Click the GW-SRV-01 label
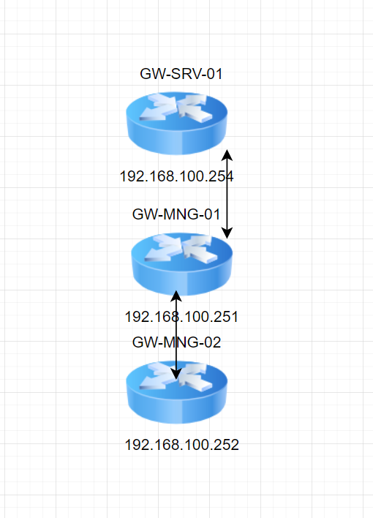[x=181, y=74]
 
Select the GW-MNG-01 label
[x=176, y=214]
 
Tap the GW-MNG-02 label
[x=176, y=342]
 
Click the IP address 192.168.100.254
[x=176, y=176]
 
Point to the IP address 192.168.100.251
[x=181, y=317]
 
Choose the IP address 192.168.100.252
[x=181, y=445]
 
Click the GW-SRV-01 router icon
[x=177, y=123]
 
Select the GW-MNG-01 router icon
[x=181, y=264]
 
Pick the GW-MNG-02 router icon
[x=177, y=392]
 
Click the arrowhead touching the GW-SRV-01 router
[x=227, y=154]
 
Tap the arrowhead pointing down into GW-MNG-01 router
[x=227, y=233]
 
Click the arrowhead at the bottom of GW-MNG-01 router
[x=176, y=296]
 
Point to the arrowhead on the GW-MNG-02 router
[x=176, y=374]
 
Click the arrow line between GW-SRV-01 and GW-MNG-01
[x=227, y=194]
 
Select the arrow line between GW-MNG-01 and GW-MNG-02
[x=176, y=335]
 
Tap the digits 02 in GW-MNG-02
[x=213, y=342]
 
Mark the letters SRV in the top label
[x=186, y=74]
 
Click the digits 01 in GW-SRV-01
[x=215, y=74]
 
